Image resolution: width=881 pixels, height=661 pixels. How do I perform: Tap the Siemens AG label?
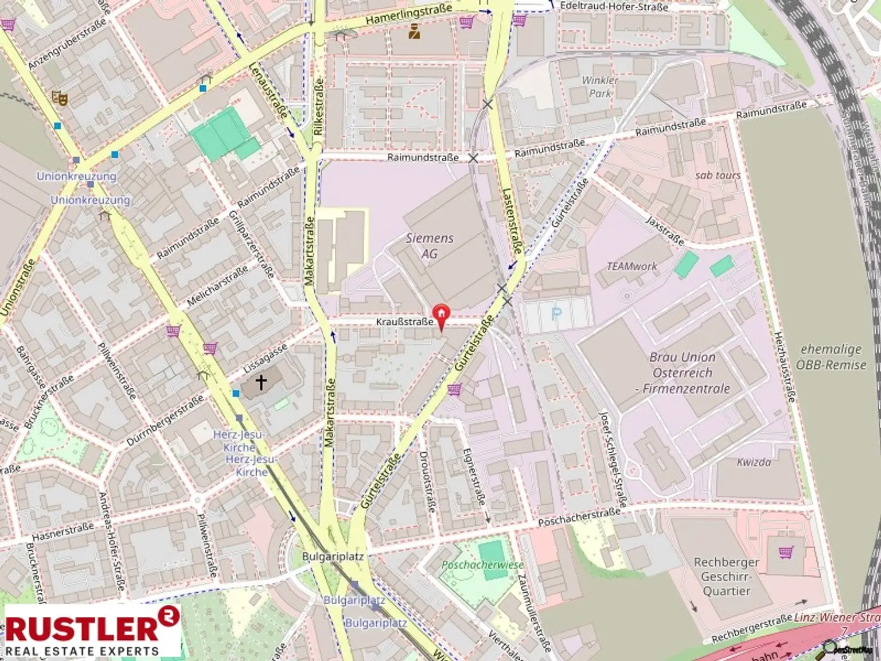coord(429,246)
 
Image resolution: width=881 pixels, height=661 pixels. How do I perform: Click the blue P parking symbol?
coord(556,314)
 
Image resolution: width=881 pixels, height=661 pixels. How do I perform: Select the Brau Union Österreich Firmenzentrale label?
coord(683,372)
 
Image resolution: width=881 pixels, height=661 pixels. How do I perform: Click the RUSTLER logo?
coord(92,629)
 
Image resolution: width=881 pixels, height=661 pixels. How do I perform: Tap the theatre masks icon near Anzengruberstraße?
coord(60,98)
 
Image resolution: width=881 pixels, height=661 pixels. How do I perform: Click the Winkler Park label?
coord(600,87)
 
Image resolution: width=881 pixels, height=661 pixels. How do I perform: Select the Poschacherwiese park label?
coord(482,565)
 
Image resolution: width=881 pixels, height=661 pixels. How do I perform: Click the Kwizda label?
coord(754,462)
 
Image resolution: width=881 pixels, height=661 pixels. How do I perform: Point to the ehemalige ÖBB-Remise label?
coord(831,357)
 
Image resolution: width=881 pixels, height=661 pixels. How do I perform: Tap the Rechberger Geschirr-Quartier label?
coord(726,576)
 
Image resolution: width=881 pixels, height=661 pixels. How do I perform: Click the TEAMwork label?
coord(632,266)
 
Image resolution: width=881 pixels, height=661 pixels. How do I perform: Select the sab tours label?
coord(718,175)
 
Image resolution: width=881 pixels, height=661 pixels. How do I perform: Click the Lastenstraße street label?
coord(512,221)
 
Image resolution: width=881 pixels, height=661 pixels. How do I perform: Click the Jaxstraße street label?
coord(664,231)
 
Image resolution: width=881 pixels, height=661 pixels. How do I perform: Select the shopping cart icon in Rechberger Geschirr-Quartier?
coord(785,552)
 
